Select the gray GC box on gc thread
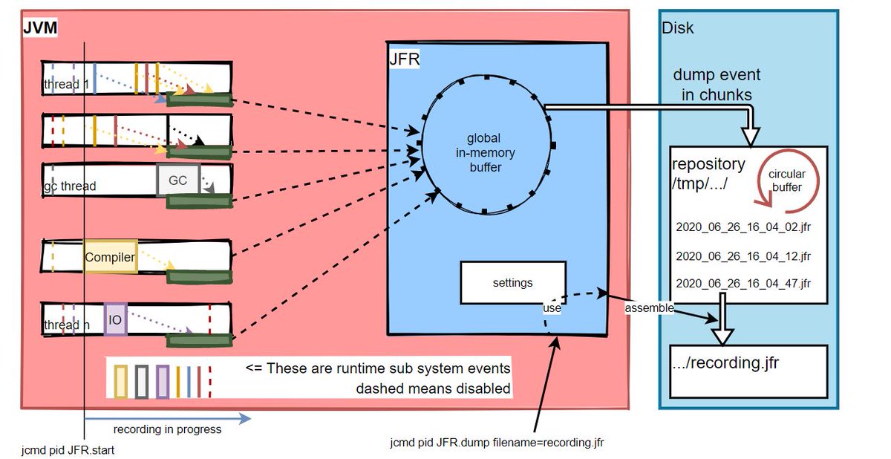tap(178, 180)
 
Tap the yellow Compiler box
tap(110, 258)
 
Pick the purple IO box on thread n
tap(115, 319)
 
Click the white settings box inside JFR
tap(512, 282)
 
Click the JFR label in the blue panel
tap(405, 62)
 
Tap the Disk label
tap(677, 28)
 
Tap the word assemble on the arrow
tap(648, 307)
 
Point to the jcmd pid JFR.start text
tap(69, 450)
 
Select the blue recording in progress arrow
tap(167, 420)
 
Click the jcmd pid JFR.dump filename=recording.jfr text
tap(497, 443)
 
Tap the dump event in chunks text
tap(717, 85)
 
